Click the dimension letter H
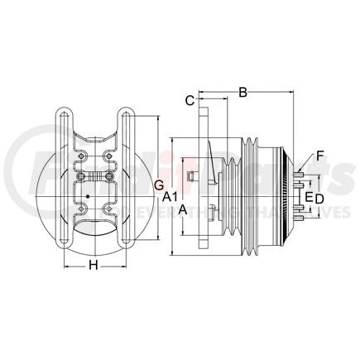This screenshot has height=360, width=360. coord(94,265)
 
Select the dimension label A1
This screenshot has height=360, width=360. coord(169,197)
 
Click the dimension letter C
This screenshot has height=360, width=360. coord(190,100)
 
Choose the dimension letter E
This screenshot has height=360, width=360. coord(309,197)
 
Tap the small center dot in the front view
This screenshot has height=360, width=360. coord(87,196)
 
